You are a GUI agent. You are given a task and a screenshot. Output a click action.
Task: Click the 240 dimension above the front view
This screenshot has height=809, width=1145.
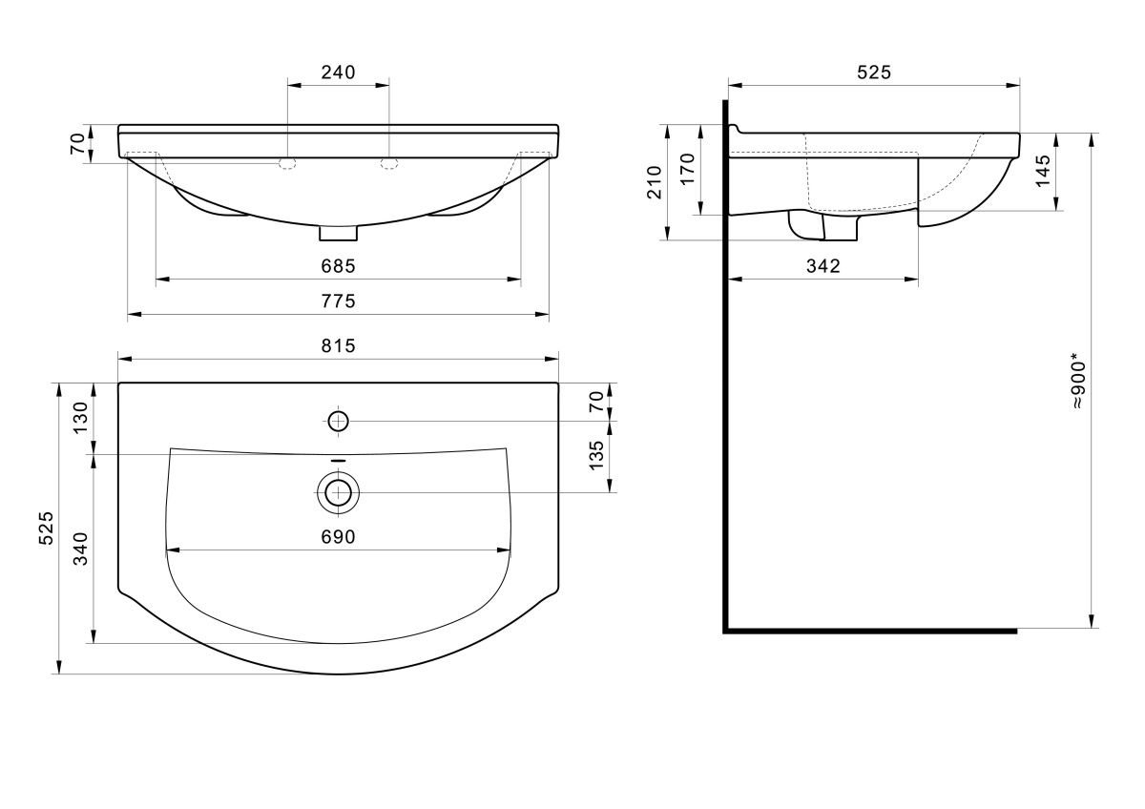click(x=338, y=73)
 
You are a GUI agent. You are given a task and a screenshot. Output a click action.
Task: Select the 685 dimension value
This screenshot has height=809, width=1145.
click(x=338, y=266)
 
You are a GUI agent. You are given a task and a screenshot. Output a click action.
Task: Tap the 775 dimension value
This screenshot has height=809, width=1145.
click(x=338, y=301)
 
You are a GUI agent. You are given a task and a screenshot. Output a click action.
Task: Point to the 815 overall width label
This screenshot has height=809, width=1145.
click(x=338, y=346)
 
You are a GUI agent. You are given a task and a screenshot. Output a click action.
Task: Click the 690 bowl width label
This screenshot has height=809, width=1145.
click(x=338, y=537)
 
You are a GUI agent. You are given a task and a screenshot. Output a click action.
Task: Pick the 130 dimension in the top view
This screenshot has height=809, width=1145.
click(x=81, y=418)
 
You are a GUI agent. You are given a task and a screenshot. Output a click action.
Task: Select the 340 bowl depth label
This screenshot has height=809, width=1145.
click(x=81, y=549)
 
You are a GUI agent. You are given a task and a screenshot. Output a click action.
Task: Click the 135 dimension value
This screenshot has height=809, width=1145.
click(x=596, y=456)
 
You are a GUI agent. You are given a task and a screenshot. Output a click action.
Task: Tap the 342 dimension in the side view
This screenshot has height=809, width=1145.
click(x=822, y=266)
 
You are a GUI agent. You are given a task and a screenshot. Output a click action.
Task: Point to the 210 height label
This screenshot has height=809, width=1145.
click(x=655, y=182)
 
